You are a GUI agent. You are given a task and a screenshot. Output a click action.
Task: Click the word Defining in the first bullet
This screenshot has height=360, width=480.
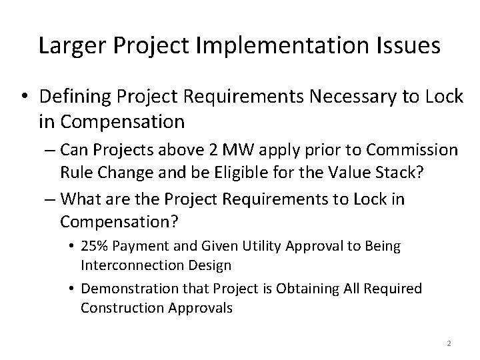pos(74,97)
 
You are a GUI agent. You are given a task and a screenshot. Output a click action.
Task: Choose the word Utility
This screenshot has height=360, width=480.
pos(257,246)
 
